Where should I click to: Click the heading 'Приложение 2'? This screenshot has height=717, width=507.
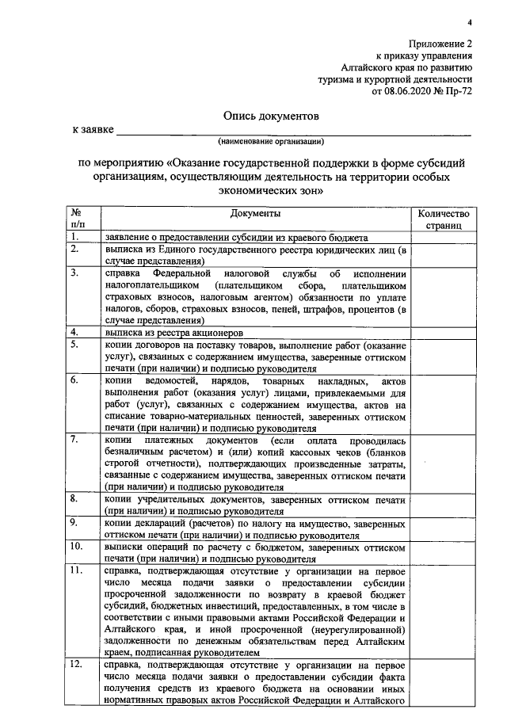point(442,44)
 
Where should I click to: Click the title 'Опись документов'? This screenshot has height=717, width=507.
point(271,116)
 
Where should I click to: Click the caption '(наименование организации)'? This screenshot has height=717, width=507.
point(272,142)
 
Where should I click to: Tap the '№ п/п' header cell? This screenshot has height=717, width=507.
point(77,220)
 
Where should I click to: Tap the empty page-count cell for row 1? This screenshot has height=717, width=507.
point(444,238)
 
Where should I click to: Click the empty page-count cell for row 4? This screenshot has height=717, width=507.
point(444,333)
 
